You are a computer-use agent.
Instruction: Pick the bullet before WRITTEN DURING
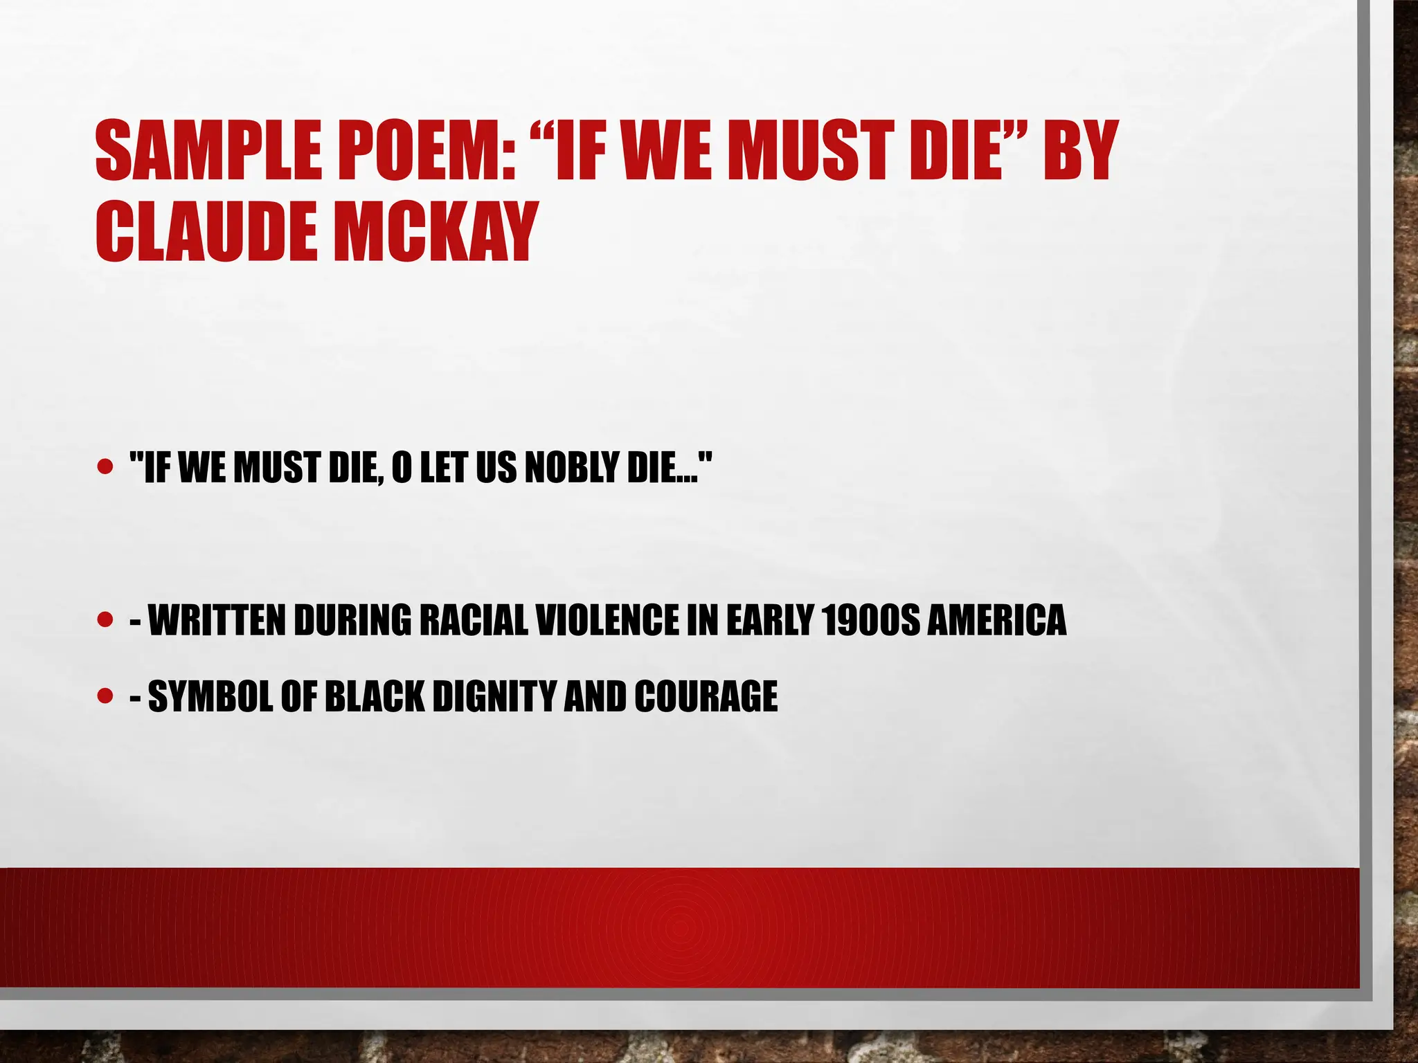[x=105, y=619]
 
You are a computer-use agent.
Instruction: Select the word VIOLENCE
[x=609, y=620]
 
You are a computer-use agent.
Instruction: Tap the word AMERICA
[x=996, y=620]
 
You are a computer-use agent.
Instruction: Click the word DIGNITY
[x=494, y=696]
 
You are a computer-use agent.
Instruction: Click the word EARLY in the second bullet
[x=769, y=620]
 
